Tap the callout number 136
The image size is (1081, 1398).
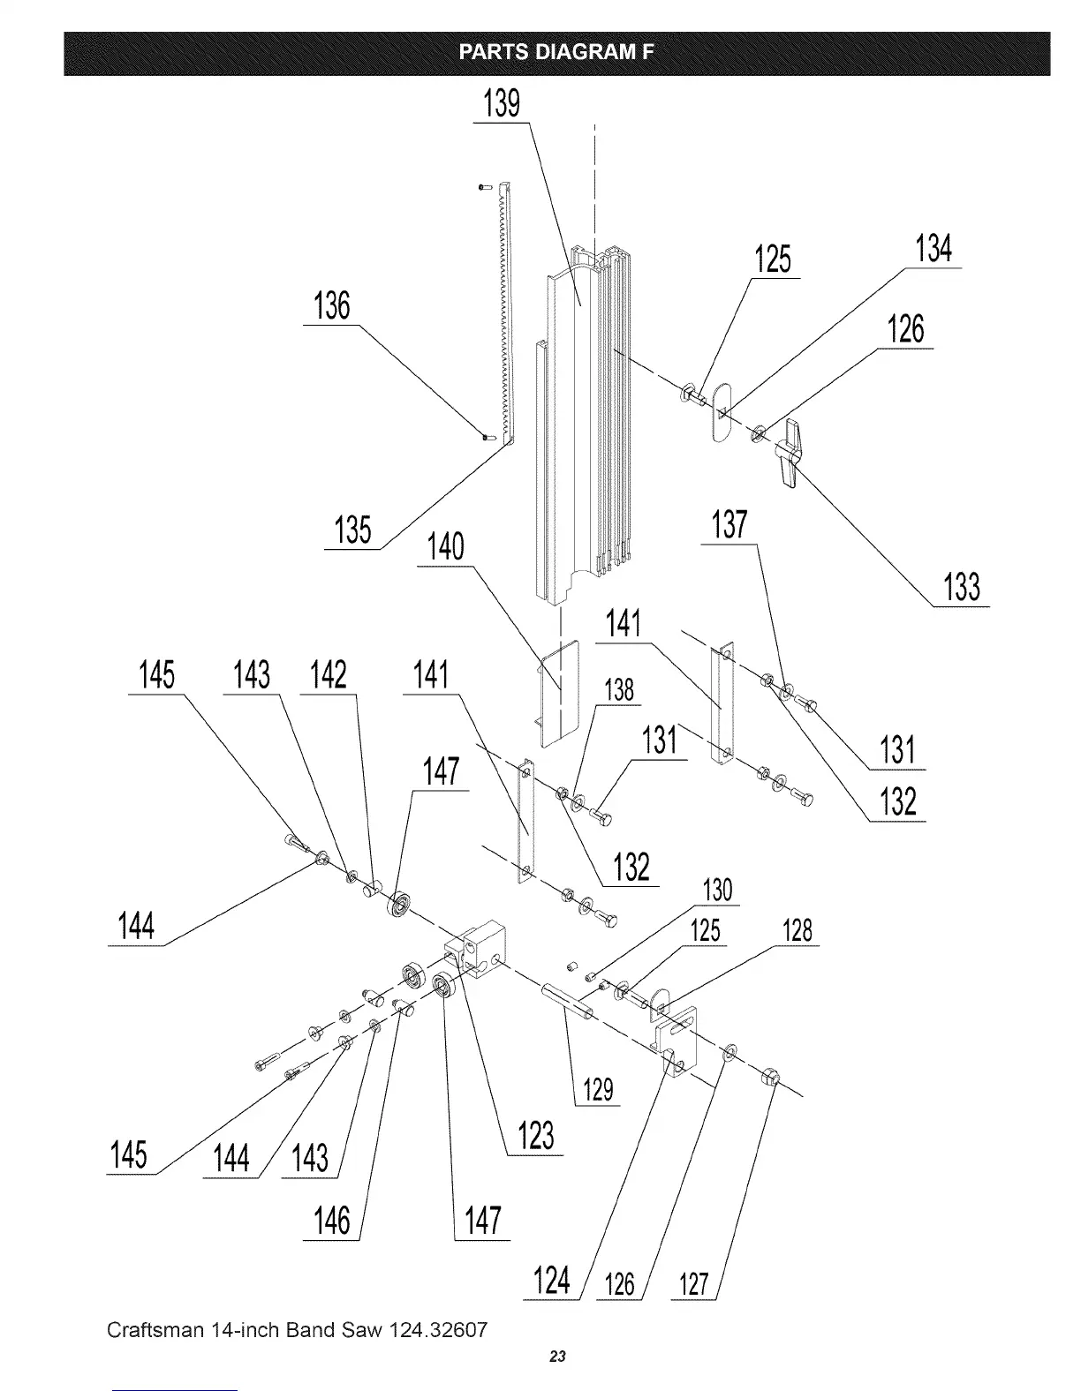[331, 307]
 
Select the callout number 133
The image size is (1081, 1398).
[962, 587]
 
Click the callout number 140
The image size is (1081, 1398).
[445, 547]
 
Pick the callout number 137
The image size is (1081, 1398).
[729, 526]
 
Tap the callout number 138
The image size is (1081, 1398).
[619, 689]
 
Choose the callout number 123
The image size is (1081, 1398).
[535, 1136]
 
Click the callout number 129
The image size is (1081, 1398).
[598, 1090]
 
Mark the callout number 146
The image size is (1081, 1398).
[332, 1221]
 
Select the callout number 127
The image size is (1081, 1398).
[694, 1285]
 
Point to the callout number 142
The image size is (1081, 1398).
[328, 675]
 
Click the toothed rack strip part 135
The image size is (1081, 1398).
[504, 309]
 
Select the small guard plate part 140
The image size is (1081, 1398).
[557, 693]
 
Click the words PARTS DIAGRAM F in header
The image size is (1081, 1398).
[556, 52]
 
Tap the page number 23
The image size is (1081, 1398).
[556, 1357]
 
